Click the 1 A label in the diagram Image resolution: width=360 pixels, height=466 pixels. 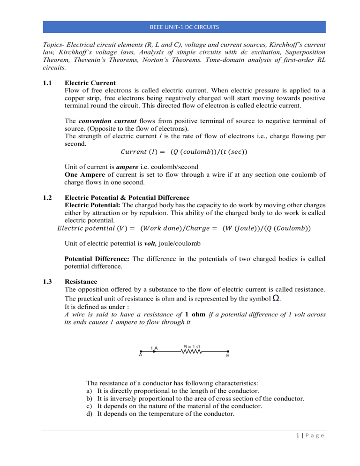click(154, 347)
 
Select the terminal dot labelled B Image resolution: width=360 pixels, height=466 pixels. click(228, 351)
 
